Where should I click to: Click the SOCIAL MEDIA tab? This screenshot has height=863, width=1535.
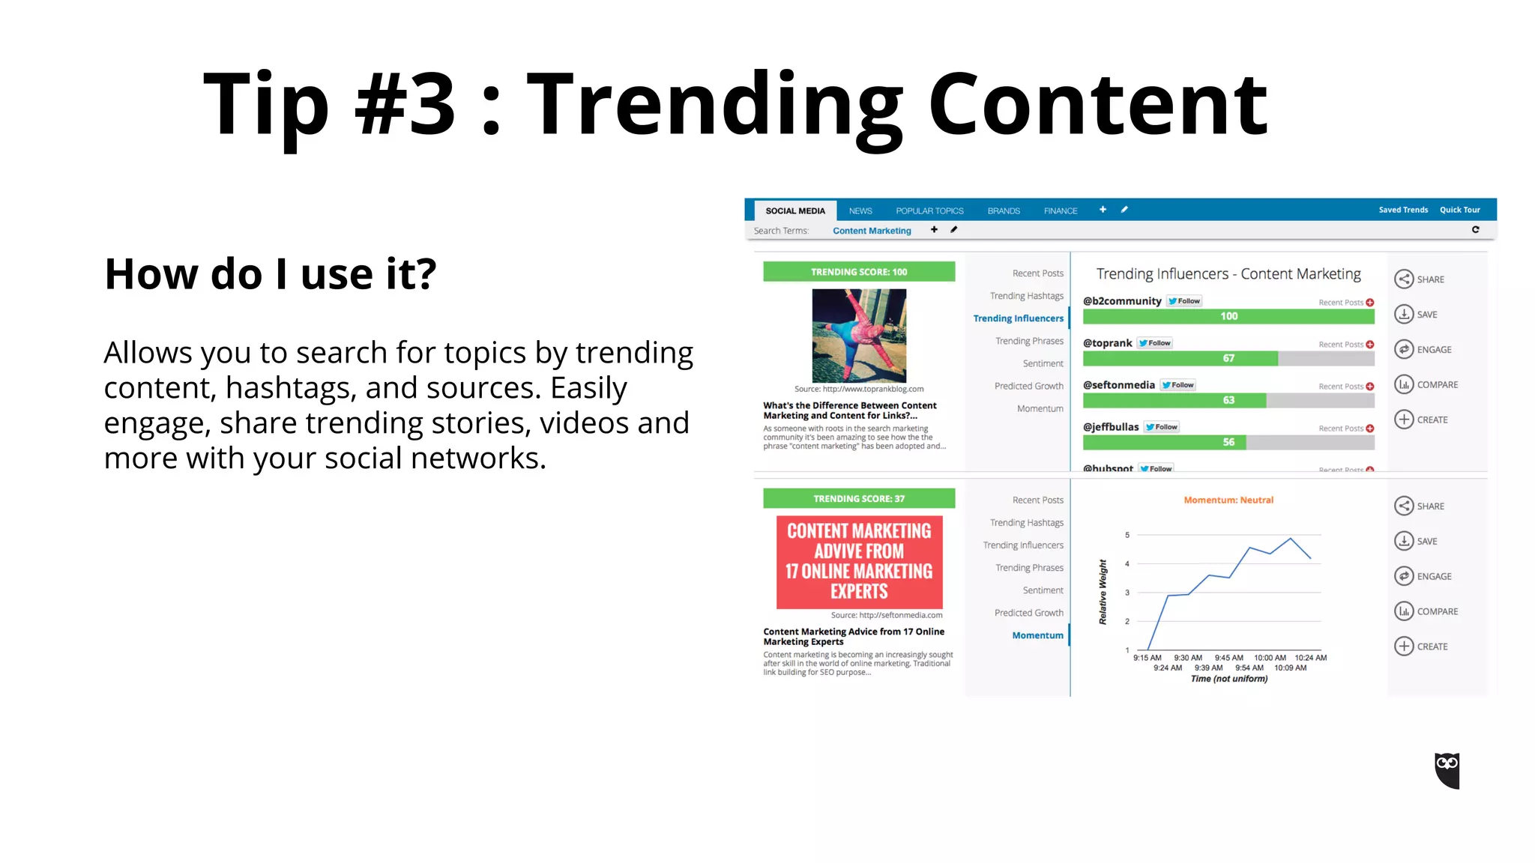click(x=794, y=211)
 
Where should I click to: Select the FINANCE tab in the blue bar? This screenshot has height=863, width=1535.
click(x=1060, y=211)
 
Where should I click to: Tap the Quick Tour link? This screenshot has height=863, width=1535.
click(x=1459, y=210)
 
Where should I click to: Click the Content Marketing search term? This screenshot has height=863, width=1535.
click(x=872, y=231)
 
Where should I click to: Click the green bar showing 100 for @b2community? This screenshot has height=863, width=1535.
click(x=1228, y=316)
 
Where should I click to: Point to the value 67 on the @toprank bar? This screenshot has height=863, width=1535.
click(x=1228, y=358)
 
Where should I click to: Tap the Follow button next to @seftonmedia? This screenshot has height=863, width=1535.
click(x=1178, y=385)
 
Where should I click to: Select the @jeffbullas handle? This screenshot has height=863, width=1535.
click(x=1110, y=427)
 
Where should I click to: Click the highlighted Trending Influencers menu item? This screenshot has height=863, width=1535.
click(x=1018, y=318)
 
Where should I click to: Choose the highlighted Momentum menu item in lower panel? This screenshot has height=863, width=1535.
click(x=1037, y=635)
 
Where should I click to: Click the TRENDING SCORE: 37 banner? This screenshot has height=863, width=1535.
click(x=859, y=499)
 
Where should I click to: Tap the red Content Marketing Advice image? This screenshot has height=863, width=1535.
click(x=859, y=562)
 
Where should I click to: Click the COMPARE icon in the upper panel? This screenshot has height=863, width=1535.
click(x=1404, y=384)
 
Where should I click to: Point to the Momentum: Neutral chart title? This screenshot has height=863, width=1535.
click(x=1228, y=500)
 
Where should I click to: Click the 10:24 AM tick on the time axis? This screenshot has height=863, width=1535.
click(x=1310, y=658)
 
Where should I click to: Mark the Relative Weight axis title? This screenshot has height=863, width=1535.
click(x=1103, y=592)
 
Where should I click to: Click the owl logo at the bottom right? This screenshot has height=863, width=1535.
click(x=1447, y=770)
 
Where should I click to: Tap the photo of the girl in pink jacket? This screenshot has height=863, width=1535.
click(x=859, y=336)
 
